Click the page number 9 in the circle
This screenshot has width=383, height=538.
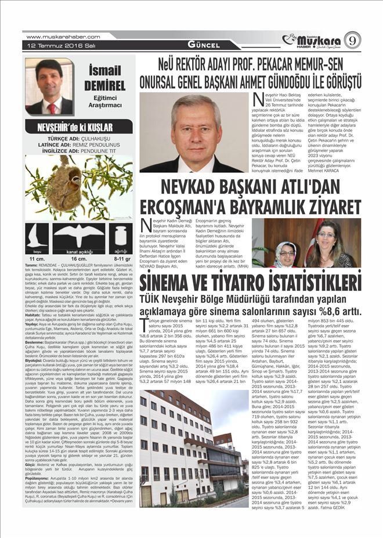click(x=352, y=40)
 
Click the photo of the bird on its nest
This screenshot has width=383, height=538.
click(x=79, y=187)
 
